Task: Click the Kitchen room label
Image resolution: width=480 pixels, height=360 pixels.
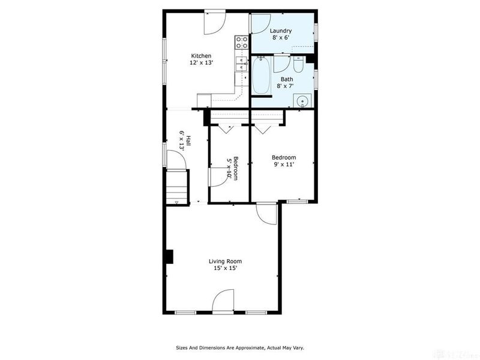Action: (201, 56)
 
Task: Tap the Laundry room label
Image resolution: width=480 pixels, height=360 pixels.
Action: (280, 31)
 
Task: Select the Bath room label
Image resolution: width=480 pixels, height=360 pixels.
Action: (287, 79)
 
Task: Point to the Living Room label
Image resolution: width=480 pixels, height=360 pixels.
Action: (226, 262)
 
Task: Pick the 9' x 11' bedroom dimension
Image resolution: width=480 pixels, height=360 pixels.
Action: (284, 164)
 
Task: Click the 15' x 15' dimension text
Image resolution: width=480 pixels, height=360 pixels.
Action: (226, 268)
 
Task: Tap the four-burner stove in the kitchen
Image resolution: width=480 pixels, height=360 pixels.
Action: (242, 42)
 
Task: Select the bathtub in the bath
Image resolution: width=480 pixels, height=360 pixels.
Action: (261, 76)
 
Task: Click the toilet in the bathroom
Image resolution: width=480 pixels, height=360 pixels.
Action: (298, 64)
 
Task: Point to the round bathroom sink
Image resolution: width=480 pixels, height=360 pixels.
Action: (303, 100)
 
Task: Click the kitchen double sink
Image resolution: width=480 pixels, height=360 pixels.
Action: (242, 64)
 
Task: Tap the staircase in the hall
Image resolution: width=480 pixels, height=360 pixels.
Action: (176, 187)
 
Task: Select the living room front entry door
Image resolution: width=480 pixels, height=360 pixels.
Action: (223, 302)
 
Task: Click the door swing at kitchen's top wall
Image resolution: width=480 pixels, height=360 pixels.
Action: (215, 23)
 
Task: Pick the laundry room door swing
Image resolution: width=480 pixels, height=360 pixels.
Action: (260, 23)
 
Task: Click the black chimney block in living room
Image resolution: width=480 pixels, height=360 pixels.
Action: (170, 257)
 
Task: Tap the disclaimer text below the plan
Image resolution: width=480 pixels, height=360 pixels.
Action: (240, 348)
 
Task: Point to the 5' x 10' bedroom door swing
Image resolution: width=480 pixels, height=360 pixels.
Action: (219, 177)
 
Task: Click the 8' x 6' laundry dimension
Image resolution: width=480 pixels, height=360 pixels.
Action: (281, 38)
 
